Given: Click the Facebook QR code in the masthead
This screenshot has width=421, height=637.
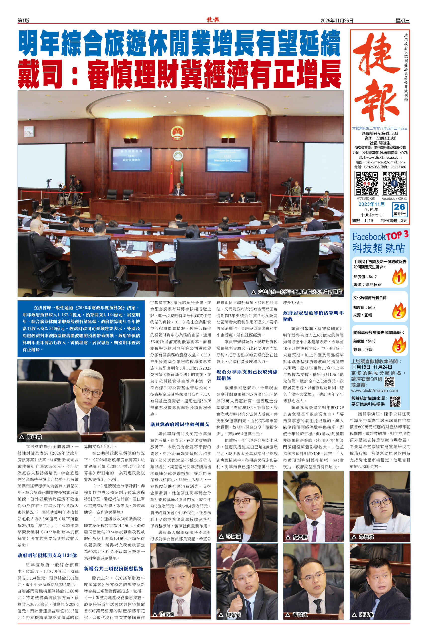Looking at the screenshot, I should point(394,183).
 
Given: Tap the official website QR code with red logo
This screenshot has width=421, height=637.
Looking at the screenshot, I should point(367,183).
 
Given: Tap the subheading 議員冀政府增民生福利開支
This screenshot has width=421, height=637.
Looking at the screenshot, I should point(180,424).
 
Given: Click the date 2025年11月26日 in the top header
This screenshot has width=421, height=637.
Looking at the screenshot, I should point(337,20).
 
